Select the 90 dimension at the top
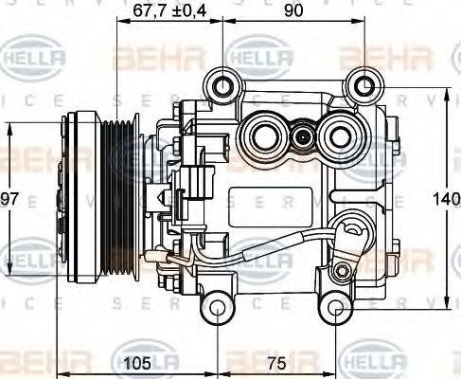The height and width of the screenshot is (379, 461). [x=293, y=12]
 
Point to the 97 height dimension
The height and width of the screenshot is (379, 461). [x=10, y=199]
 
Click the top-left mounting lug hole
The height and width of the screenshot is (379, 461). [x=223, y=87]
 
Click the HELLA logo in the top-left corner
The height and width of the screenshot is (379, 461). [x=36, y=59]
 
